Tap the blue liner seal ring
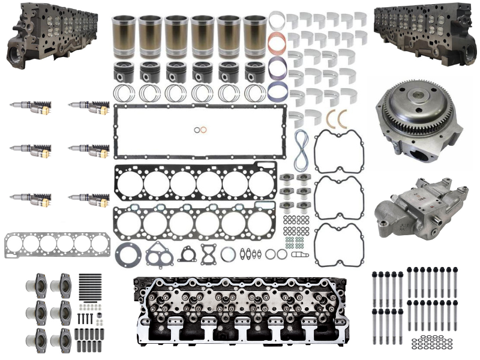click(277, 68)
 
